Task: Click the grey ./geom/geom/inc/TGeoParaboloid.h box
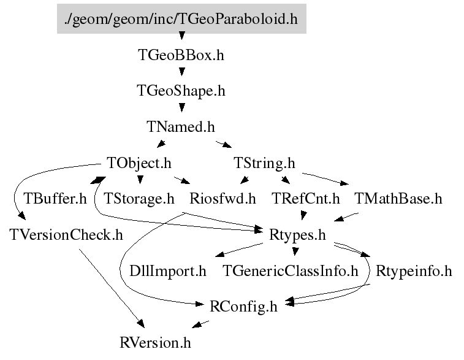coord(181,19)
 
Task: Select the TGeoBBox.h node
coord(181,55)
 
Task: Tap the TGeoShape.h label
coord(181,91)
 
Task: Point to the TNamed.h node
coord(181,127)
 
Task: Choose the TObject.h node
coord(139,163)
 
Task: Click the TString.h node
coord(264,163)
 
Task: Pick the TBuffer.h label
coord(55,199)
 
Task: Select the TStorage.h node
coord(139,199)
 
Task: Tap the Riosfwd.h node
coord(222,199)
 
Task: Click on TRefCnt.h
coord(305,199)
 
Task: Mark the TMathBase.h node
coord(398,199)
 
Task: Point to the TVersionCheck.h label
coord(66,234)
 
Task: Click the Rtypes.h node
coord(297,234)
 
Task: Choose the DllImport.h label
coord(167,270)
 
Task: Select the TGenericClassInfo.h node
coord(290,270)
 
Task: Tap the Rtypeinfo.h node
coord(413,270)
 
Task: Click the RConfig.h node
coord(243,306)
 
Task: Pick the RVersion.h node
coord(159,342)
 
